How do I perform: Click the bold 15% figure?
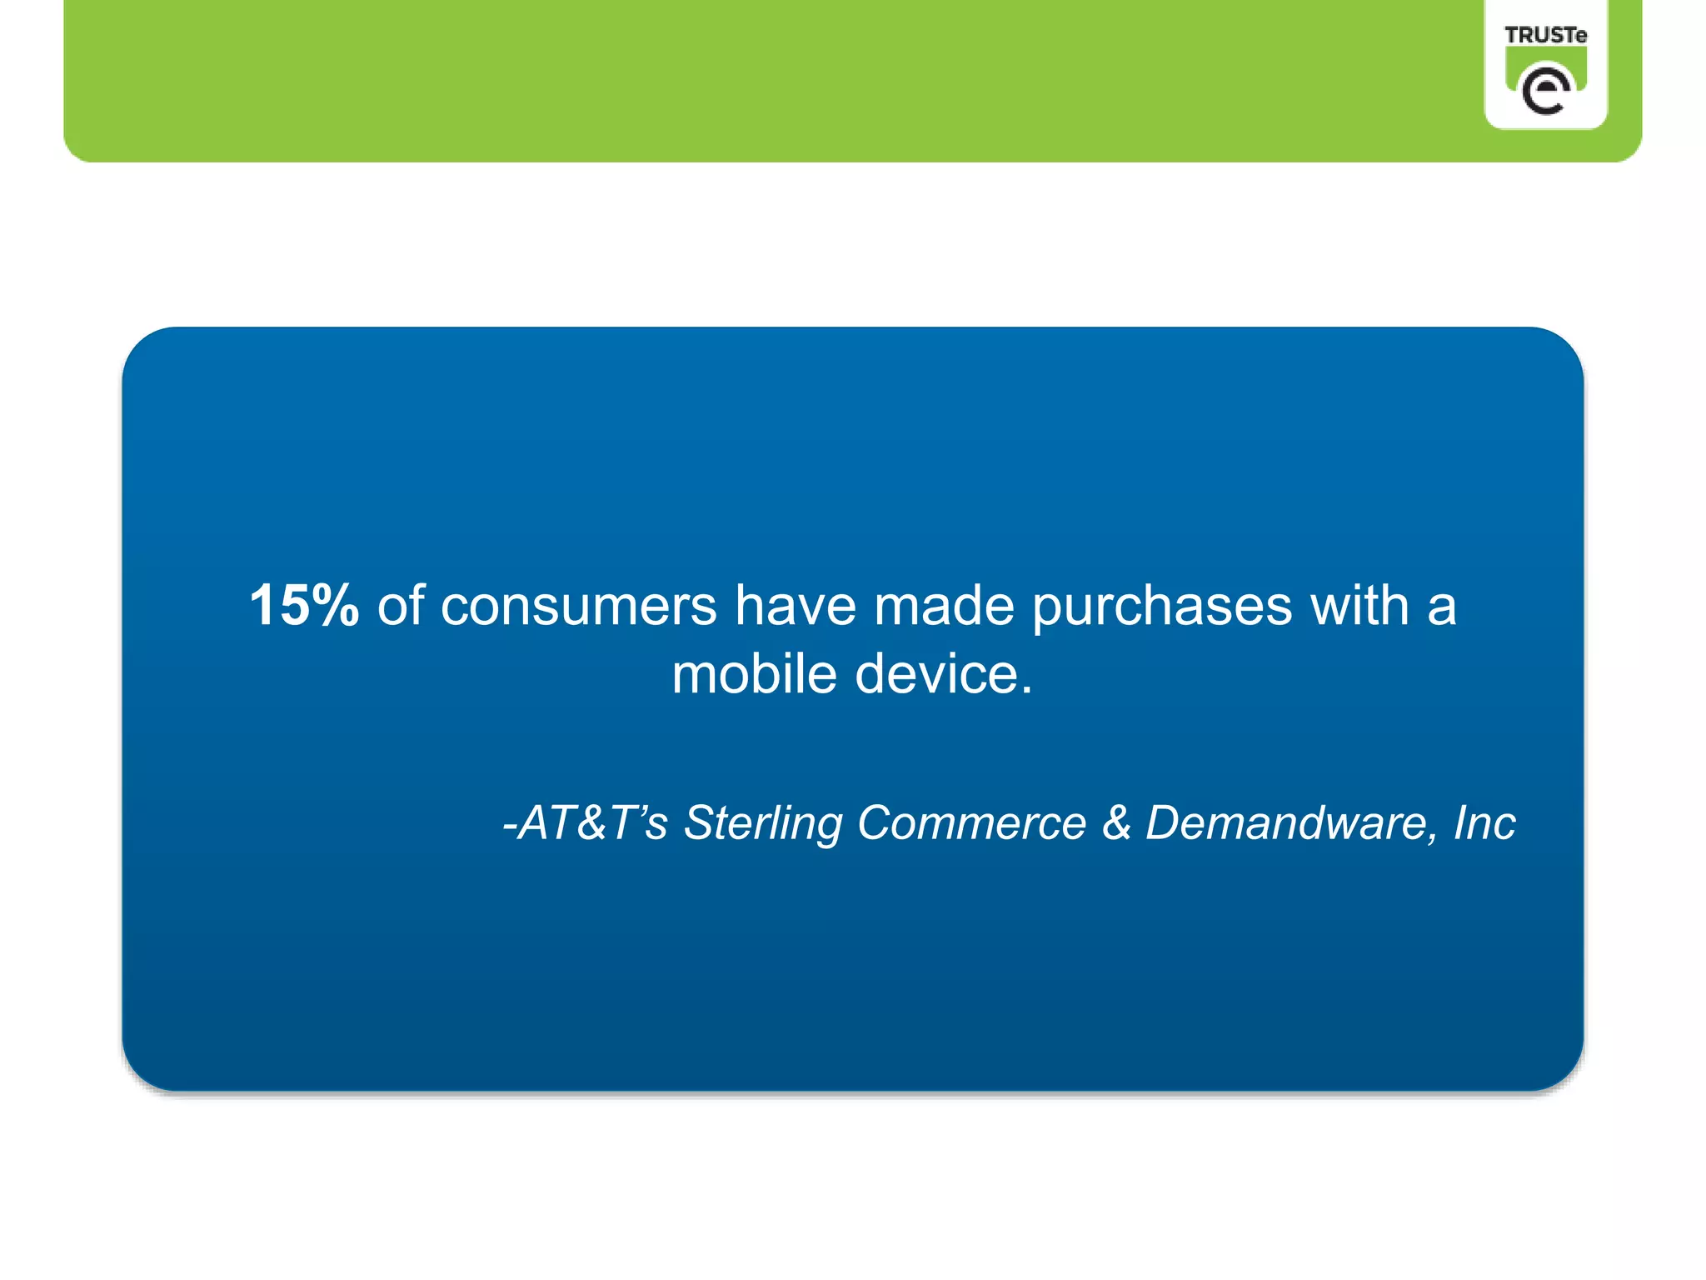pos(304,605)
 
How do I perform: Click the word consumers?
pos(578,607)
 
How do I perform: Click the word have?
pos(795,605)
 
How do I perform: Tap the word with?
pos(1359,605)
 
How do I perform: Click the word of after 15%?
pos(401,605)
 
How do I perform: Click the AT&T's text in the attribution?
pos(593,822)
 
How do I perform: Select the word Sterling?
pos(762,824)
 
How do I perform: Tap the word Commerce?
pos(971,822)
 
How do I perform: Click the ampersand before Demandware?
pos(1116,822)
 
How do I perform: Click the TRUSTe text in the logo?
pos(1545,35)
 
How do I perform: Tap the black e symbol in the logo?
pos(1545,90)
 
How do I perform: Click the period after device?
pos(1026,692)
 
